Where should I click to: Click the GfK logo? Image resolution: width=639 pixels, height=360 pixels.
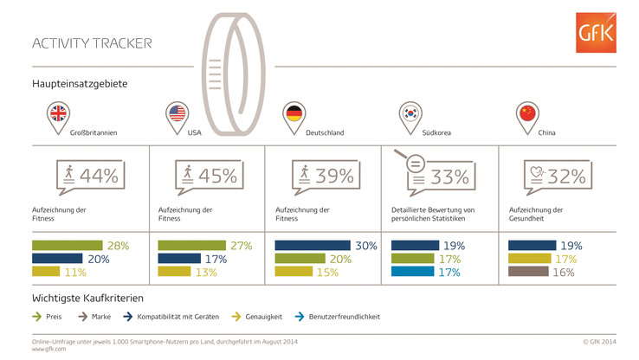[x=597, y=33]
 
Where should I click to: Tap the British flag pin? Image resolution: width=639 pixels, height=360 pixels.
[x=59, y=114]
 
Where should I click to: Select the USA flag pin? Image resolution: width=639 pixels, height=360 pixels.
[x=177, y=114]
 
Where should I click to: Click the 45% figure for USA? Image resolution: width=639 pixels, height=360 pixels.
[x=216, y=176]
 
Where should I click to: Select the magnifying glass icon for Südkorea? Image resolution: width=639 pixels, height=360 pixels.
[x=412, y=164]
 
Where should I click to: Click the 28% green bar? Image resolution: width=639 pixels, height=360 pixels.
[x=68, y=246]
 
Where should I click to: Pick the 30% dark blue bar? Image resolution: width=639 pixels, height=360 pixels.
[x=313, y=246]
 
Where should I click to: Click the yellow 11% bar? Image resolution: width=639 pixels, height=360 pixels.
[x=46, y=272]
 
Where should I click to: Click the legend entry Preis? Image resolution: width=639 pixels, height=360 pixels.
[x=50, y=317]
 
